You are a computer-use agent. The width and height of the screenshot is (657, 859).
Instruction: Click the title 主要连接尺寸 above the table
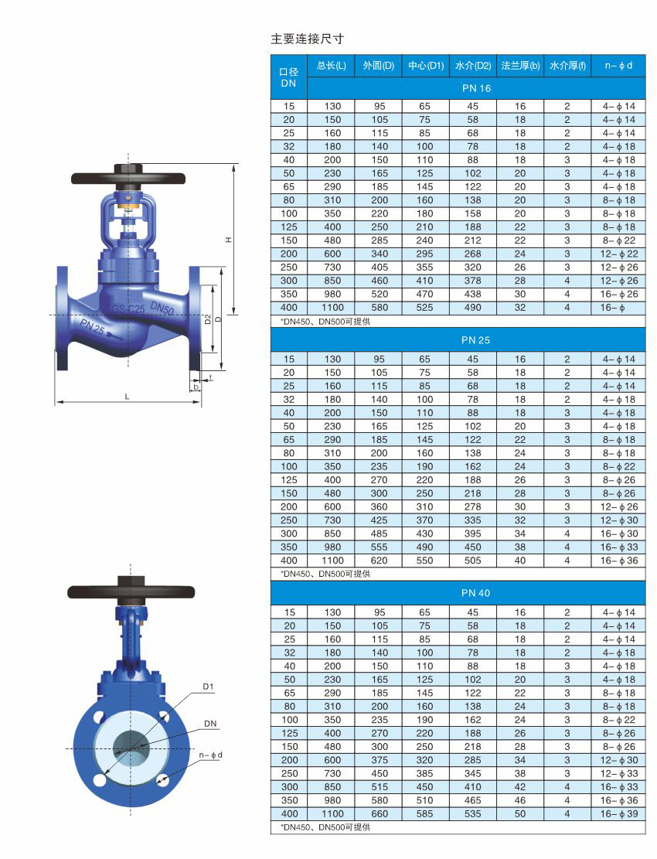point(307,39)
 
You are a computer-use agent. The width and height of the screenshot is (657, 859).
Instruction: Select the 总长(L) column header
point(332,66)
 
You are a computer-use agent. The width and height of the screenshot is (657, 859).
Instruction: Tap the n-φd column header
point(618,66)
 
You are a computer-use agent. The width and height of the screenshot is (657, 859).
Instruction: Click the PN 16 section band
point(476,88)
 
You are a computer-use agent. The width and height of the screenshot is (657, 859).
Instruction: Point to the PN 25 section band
point(475,339)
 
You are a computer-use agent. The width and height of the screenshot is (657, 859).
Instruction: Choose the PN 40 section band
point(475,593)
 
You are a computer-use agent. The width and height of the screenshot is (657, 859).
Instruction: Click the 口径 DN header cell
point(288,77)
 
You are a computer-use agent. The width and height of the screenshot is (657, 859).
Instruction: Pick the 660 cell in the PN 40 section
point(379,813)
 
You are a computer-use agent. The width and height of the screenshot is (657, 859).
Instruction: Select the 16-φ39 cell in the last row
point(618,813)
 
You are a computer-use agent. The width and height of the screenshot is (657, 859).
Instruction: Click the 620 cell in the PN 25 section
point(379,561)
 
